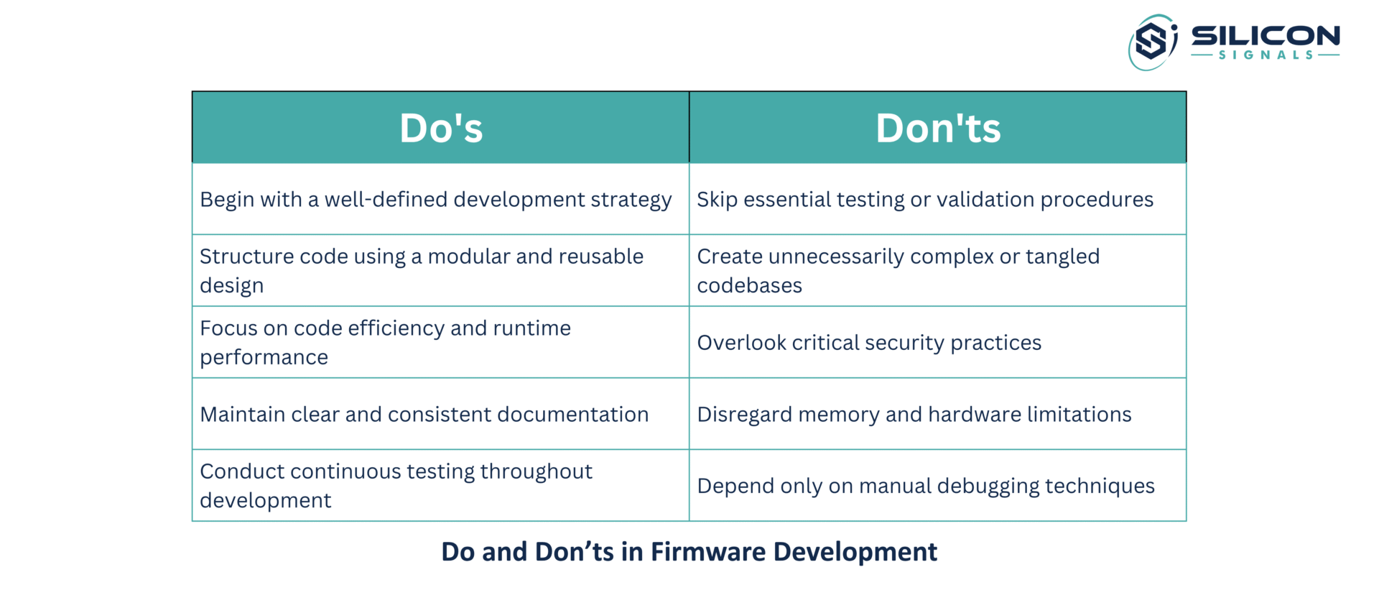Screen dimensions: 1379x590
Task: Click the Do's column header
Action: click(x=440, y=127)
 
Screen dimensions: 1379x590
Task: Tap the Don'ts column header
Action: click(x=937, y=127)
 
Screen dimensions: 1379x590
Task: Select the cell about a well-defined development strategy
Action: click(x=440, y=199)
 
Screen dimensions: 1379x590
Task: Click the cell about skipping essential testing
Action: click(x=937, y=199)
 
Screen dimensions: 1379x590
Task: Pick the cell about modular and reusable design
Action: click(x=440, y=270)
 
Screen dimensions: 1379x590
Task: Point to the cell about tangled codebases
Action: click(x=937, y=270)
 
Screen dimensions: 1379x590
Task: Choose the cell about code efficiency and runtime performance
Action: click(x=440, y=342)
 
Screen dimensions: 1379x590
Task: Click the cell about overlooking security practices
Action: click(x=937, y=342)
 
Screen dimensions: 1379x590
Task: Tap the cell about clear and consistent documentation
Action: click(x=440, y=414)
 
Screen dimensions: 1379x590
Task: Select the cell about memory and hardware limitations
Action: click(x=937, y=414)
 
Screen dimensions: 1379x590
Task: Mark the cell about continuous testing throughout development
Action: click(x=440, y=485)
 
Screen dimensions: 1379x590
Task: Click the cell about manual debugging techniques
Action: click(x=937, y=485)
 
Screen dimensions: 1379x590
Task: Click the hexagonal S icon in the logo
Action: click(x=1152, y=41)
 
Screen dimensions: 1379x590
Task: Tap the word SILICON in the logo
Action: click(x=1266, y=36)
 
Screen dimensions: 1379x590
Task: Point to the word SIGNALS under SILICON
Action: click(x=1266, y=55)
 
